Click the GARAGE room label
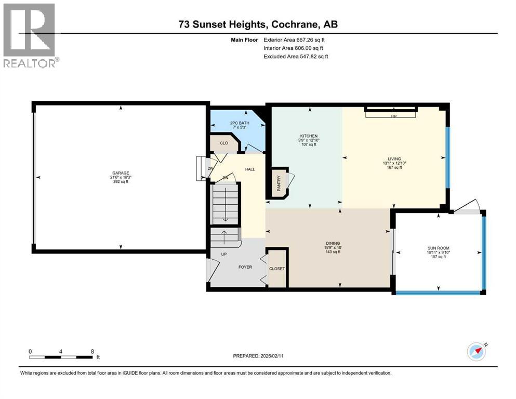pyautogui.click(x=121, y=173)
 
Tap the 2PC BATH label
pyautogui.click(x=240, y=123)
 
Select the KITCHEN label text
pyautogui.click(x=309, y=136)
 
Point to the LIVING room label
pyautogui.click(x=394, y=159)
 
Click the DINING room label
pyautogui.click(x=333, y=244)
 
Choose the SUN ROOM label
pyautogui.click(x=439, y=248)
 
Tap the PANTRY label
pyautogui.click(x=279, y=183)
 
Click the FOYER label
pyautogui.click(x=245, y=267)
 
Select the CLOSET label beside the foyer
pyautogui.click(x=277, y=269)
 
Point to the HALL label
pyautogui.click(x=250, y=169)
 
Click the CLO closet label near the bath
pyautogui.click(x=224, y=143)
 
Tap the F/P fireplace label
pyautogui.click(x=393, y=116)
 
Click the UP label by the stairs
pyautogui.click(x=224, y=254)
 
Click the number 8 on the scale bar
pyautogui.click(x=92, y=351)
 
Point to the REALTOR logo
pyautogui.click(x=30, y=35)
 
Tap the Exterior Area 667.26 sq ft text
pyautogui.click(x=294, y=40)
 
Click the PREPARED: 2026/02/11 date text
pyautogui.click(x=258, y=356)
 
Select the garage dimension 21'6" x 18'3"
pyautogui.click(x=121, y=177)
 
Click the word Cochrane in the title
pyautogui.click(x=295, y=24)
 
